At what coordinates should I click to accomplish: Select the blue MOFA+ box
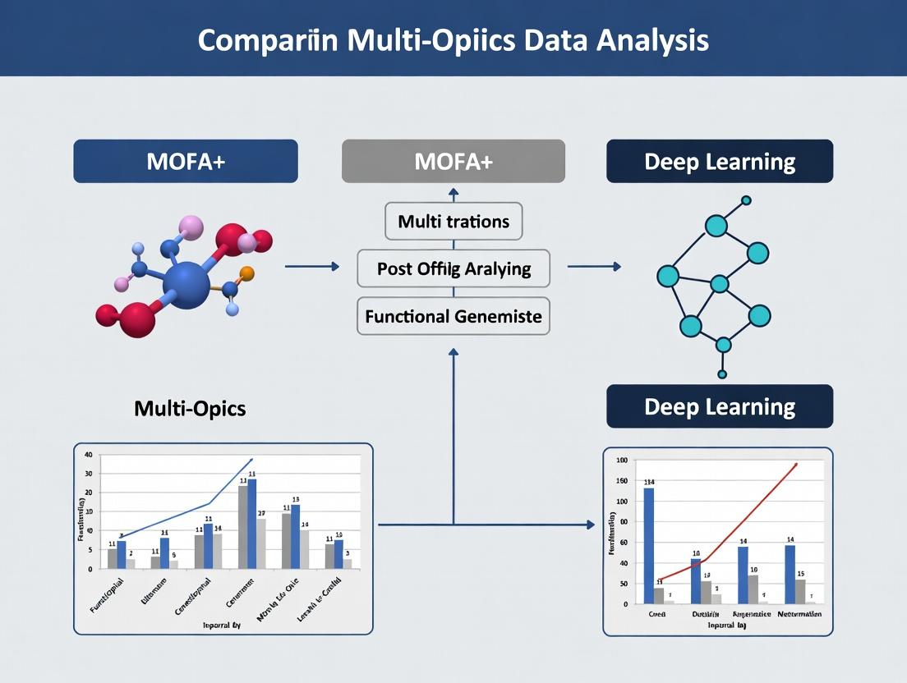click(186, 161)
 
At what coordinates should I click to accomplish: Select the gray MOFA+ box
click(453, 161)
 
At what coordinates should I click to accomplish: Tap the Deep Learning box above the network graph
click(720, 161)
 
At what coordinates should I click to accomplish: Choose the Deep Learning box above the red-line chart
click(720, 406)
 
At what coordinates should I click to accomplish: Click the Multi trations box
click(453, 221)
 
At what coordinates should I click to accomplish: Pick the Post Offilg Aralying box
click(453, 268)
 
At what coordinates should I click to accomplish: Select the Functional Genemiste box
click(453, 315)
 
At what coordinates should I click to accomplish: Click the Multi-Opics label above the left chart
click(190, 408)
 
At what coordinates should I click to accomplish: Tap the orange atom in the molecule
click(247, 273)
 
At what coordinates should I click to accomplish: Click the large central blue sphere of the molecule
click(186, 284)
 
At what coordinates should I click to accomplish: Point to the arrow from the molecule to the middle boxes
click(311, 267)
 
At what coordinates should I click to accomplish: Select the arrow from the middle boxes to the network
click(594, 267)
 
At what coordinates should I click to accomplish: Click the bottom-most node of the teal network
click(722, 374)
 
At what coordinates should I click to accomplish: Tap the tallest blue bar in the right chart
click(649, 546)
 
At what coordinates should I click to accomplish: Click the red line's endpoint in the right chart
click(795, 465)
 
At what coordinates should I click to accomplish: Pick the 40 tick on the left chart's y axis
click(89, 455)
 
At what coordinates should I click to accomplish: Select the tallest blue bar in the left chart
click(251, 524)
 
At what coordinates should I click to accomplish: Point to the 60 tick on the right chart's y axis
click(622, 543)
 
